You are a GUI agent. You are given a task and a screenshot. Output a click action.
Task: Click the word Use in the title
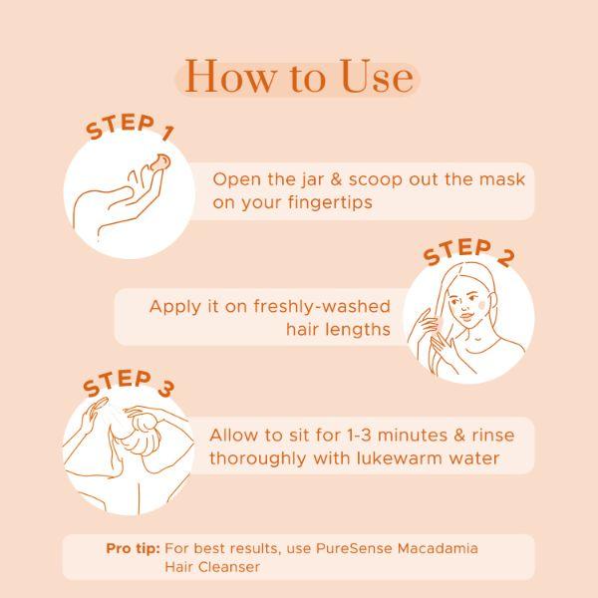point(378,77)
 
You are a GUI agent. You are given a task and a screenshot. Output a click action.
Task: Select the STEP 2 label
point(469,252)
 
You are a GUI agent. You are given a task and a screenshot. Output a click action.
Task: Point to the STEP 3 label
point(129,384)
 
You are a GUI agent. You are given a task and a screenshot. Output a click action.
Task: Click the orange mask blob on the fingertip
point(159,162)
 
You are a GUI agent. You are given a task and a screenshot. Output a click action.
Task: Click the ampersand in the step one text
point(336,179)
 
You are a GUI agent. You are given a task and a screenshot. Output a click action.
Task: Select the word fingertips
point(330,202)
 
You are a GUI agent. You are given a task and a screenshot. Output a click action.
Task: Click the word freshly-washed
point(322,306)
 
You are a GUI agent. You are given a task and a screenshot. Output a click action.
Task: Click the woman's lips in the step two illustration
point(467,316)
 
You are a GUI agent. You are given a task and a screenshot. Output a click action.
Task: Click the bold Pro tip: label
point(134,548)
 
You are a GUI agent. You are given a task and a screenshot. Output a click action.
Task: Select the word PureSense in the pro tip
point(354,548)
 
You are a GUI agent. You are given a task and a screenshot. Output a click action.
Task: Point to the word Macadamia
point(438,548)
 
